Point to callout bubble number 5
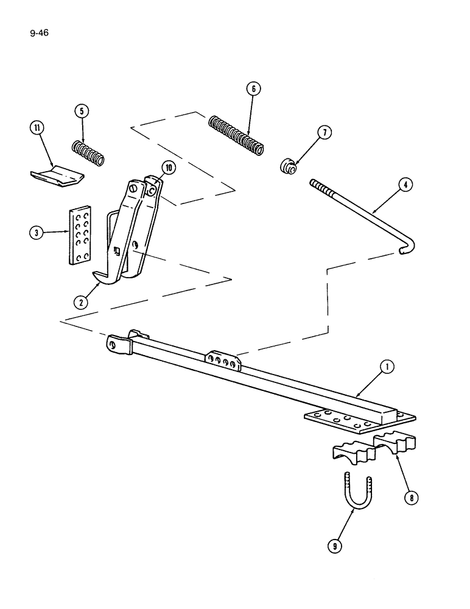[x=82, y=111]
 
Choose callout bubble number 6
[x=254, y=88]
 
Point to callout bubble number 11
[x=38, y=128]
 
